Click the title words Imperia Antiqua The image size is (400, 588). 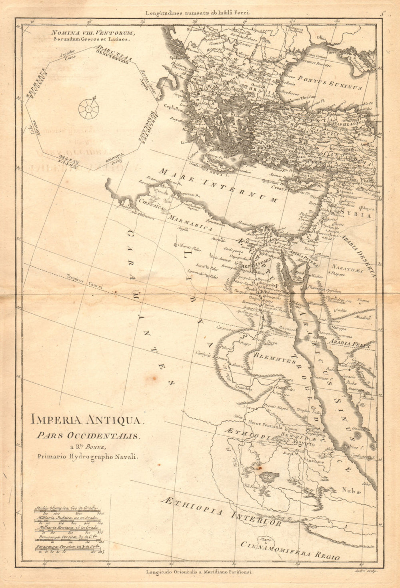(86, 420)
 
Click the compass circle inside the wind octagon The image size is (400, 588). (88, 108)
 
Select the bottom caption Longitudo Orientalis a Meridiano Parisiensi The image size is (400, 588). (200, 573)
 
